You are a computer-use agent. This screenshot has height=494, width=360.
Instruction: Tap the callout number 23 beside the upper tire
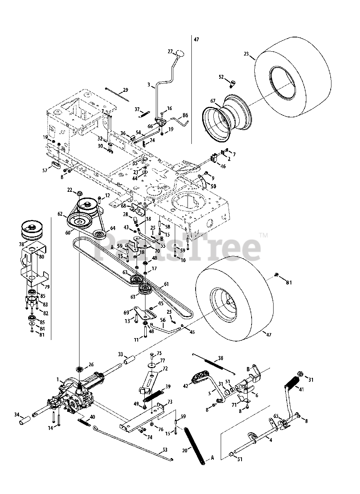pyautogui.click(x=247, y=54)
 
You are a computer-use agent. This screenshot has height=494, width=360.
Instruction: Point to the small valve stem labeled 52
pyautogui.click(x=232, y=83)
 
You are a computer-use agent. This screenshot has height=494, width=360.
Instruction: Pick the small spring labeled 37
pyautogui.click(x=143, y=113)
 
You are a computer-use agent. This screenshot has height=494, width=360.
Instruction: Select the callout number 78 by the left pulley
pyautogui.click(x=21, y=244)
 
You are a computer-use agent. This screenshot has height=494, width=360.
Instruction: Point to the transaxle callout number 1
pyautogui.click(x=58, y=380)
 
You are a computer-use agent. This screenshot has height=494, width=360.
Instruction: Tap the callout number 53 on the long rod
pyautogui.click(x=165, y=450)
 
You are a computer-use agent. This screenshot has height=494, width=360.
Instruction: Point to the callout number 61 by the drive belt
pyautogui.click(x=166, y=284)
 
